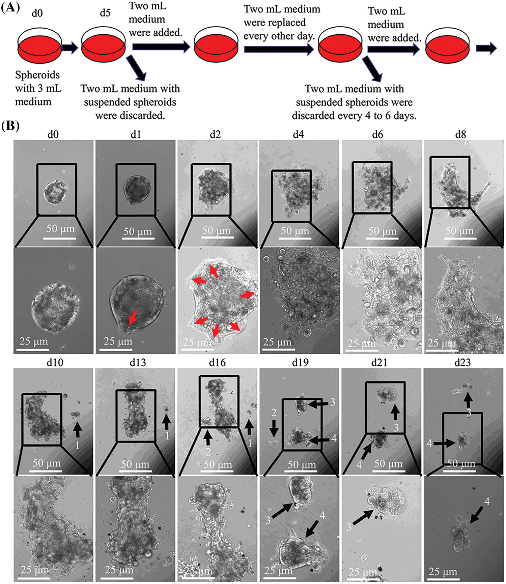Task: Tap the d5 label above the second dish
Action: coord(105,13)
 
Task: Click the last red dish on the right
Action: coord(448,46)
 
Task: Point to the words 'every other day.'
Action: coord(279,36)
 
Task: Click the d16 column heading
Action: coord(217,362)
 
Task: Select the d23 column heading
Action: coord(462,362)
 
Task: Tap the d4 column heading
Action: coord(298,135)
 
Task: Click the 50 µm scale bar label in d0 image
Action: coord(60,229)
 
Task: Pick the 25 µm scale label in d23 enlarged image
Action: coord(443,572)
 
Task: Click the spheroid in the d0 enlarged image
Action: coord(56,306)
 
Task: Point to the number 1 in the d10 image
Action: coord(77,445)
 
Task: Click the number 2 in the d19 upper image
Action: coord(274,413)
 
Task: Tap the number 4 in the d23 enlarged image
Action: coord(487,501)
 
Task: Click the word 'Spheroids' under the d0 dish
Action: coord(37,75)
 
